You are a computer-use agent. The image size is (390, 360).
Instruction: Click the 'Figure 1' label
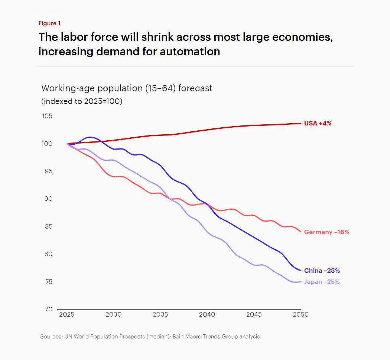(49, 23)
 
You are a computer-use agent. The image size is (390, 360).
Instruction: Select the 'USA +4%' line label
(318, 123)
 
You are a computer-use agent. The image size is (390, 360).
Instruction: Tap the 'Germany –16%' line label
(326, 232)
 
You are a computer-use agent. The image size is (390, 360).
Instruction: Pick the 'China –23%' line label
(322, 271)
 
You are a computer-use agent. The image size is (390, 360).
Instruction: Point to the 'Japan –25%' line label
(322, 282)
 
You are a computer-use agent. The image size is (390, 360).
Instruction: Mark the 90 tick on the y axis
(48, 199)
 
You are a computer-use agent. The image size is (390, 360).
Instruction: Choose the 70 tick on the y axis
(48, 309)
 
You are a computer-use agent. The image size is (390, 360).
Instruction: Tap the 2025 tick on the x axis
(67, 315)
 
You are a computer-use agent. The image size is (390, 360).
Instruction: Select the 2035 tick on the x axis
(160, 315)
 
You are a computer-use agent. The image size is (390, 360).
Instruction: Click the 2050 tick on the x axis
(300, 315)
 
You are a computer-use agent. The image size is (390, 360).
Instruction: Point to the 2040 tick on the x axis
(207, 315)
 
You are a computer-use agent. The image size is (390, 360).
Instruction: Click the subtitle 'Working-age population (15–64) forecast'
(127, 88)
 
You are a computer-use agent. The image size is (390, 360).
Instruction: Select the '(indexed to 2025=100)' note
(82, 101)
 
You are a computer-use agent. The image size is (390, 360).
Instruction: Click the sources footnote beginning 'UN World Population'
(150, 337)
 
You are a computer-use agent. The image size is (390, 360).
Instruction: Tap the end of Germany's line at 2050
(300, 232)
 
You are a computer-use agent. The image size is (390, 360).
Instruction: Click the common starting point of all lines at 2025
(67, 144)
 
